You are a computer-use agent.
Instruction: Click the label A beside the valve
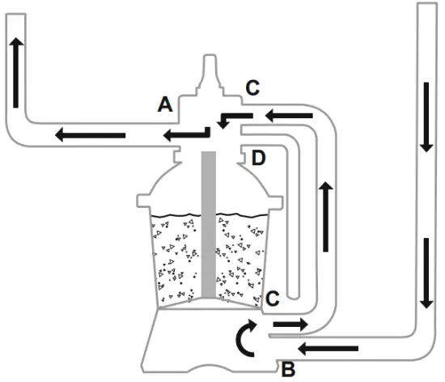click(165, 104)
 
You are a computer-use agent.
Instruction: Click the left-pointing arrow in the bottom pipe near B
click(328, 348)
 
